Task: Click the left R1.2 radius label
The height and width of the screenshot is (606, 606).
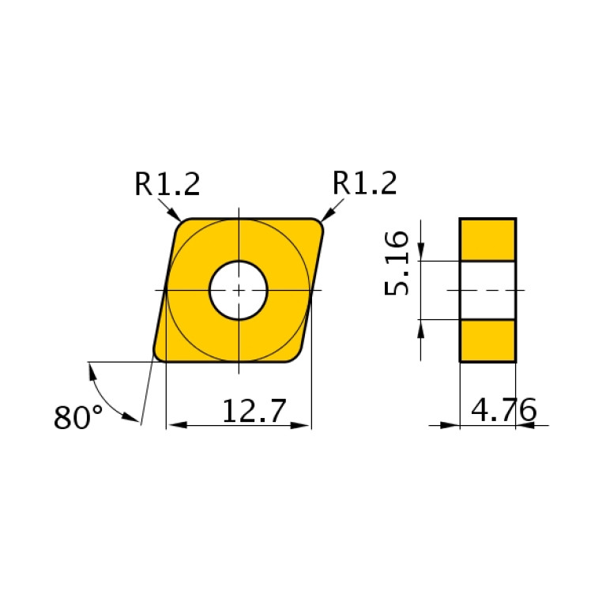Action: pyautogui.click(x=167, y=184)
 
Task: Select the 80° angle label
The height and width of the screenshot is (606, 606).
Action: pyautogui.click(x=78, y=417)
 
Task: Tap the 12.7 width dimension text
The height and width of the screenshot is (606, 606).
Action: pyautogui.click(x=253, y=411)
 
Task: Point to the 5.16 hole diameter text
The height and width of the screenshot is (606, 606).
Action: pyautogui.click(x=397, y=263)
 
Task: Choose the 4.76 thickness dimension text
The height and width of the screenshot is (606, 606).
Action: pyautogui.click(x=503, y=410)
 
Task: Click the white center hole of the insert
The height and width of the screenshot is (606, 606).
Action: pyautogui.click(x=239, y=290)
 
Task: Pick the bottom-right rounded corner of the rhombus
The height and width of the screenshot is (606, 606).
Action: pyautogui.click(x=298, y=356)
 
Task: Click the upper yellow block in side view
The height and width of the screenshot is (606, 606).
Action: pyautogui.click(x=487, y=239)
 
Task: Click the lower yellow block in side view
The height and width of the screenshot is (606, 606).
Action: pyautogui.click(x=487, y=341)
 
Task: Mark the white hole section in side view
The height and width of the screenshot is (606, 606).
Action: pyautogui.click(x=487, y=290)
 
